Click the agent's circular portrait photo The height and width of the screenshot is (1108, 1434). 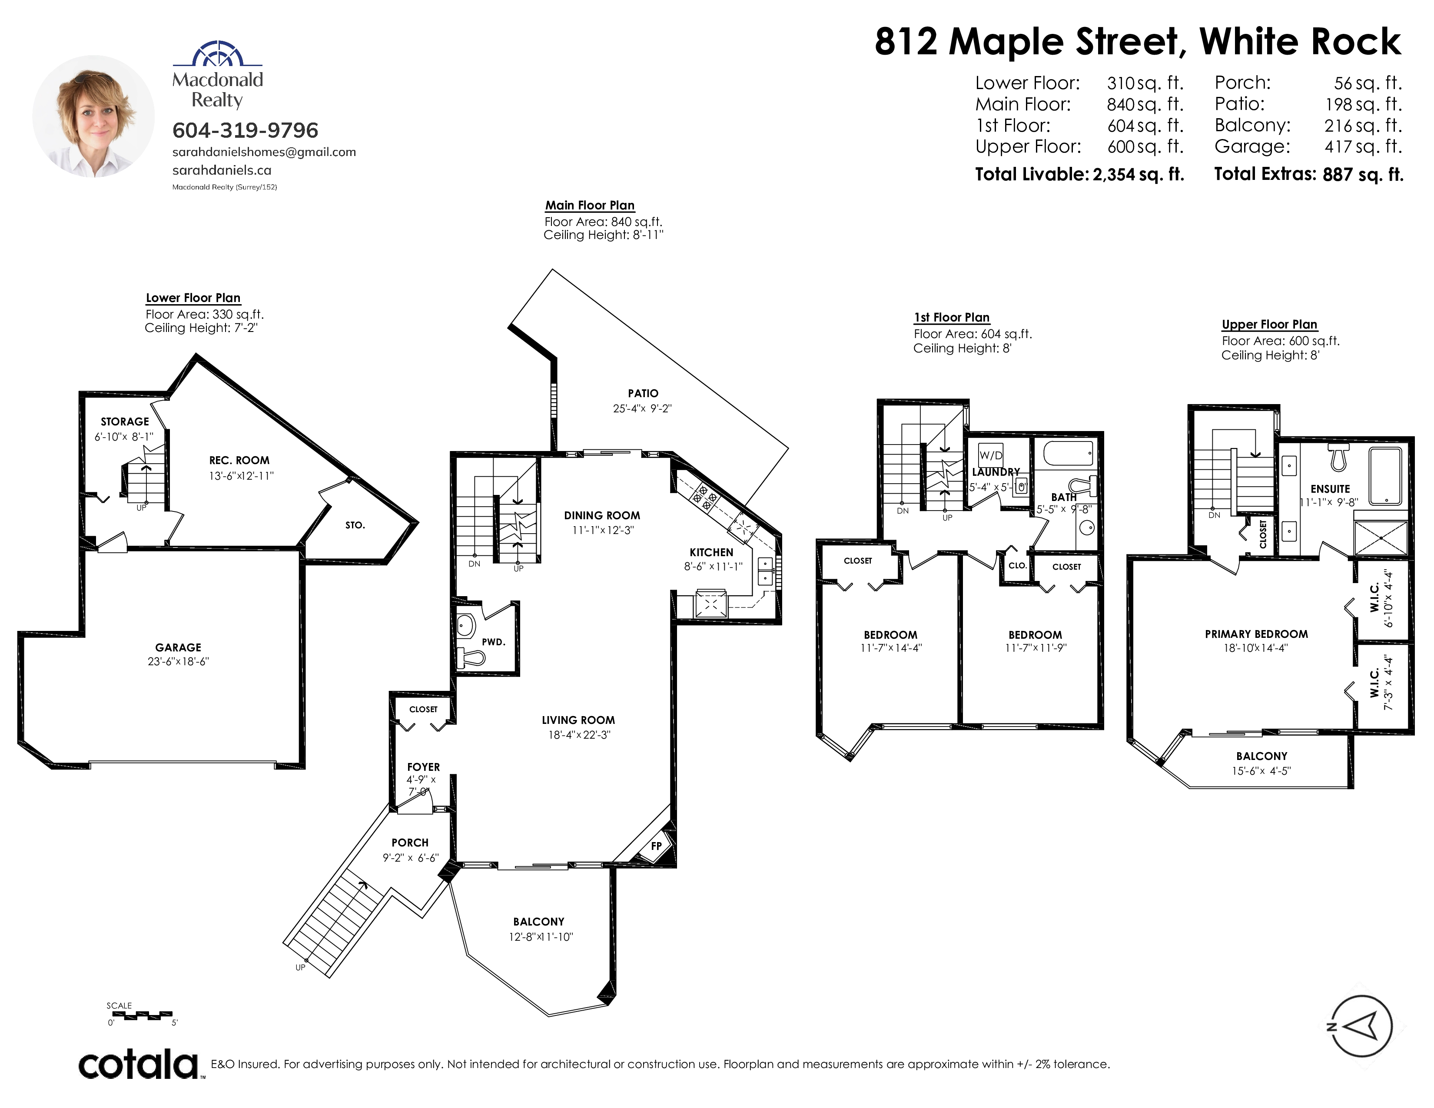93,116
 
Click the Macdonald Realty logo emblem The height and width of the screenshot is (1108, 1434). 217,54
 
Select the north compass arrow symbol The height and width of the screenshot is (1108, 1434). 1362,1026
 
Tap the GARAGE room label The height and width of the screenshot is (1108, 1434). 178,647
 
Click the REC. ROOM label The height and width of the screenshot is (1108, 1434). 239,461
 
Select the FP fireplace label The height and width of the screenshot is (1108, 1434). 656,846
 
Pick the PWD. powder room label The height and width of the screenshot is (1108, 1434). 494,642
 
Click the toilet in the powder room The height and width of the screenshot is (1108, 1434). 470,656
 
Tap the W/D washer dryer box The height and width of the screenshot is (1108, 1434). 991,455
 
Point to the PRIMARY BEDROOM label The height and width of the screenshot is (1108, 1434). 1256,634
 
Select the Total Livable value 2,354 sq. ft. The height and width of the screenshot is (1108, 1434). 1139,175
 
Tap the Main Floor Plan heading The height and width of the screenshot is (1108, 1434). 590,206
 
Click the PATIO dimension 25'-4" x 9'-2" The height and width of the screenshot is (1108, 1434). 642,408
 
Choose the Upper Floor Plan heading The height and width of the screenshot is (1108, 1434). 1269,324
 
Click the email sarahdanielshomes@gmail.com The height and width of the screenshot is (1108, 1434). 264,152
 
